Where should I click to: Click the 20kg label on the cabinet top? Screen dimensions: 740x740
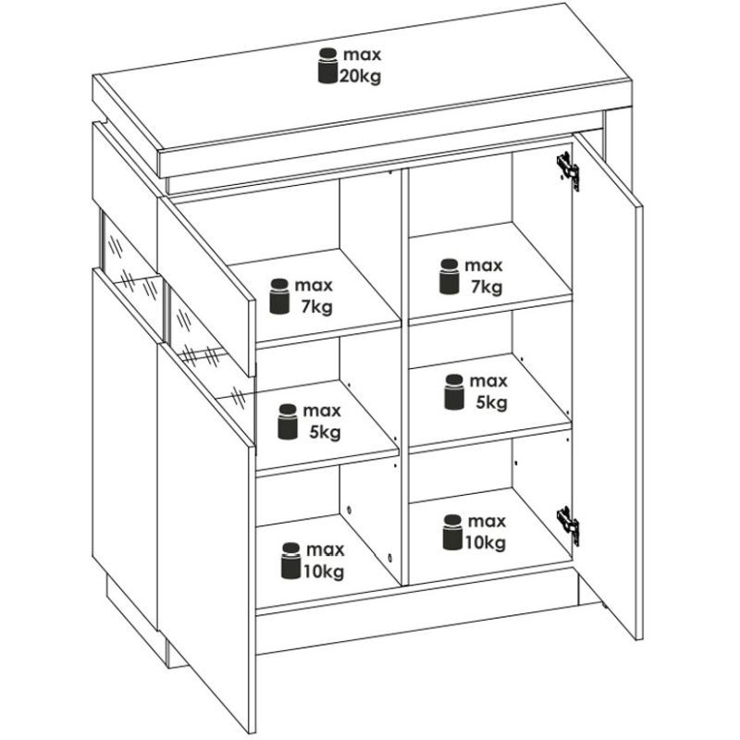[360, 76]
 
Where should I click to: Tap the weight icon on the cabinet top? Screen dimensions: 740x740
[328, 66]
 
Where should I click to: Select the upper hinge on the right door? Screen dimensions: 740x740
[568, 171]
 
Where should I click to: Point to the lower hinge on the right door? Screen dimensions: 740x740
[568, 525]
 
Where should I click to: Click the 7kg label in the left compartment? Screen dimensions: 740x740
[317, 307]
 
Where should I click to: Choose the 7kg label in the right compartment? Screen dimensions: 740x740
[487, 287]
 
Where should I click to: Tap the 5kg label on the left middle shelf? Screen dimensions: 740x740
[326, 432]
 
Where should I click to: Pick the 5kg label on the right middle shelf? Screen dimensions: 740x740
[492, 402]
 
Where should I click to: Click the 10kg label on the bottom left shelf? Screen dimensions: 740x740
[323, 572]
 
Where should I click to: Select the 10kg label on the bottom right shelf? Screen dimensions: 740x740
[487, 543]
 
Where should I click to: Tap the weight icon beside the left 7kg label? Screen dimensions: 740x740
[279, 296]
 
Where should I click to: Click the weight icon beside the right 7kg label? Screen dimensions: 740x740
[450, 277]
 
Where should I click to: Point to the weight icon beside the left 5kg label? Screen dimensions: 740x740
[288, 422]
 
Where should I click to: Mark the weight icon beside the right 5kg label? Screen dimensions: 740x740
[454, 392]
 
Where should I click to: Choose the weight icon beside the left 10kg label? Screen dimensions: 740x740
[290, 561]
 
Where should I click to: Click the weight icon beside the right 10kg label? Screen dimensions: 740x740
[452, 533]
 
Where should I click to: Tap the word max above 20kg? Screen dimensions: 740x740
[362, 55]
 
